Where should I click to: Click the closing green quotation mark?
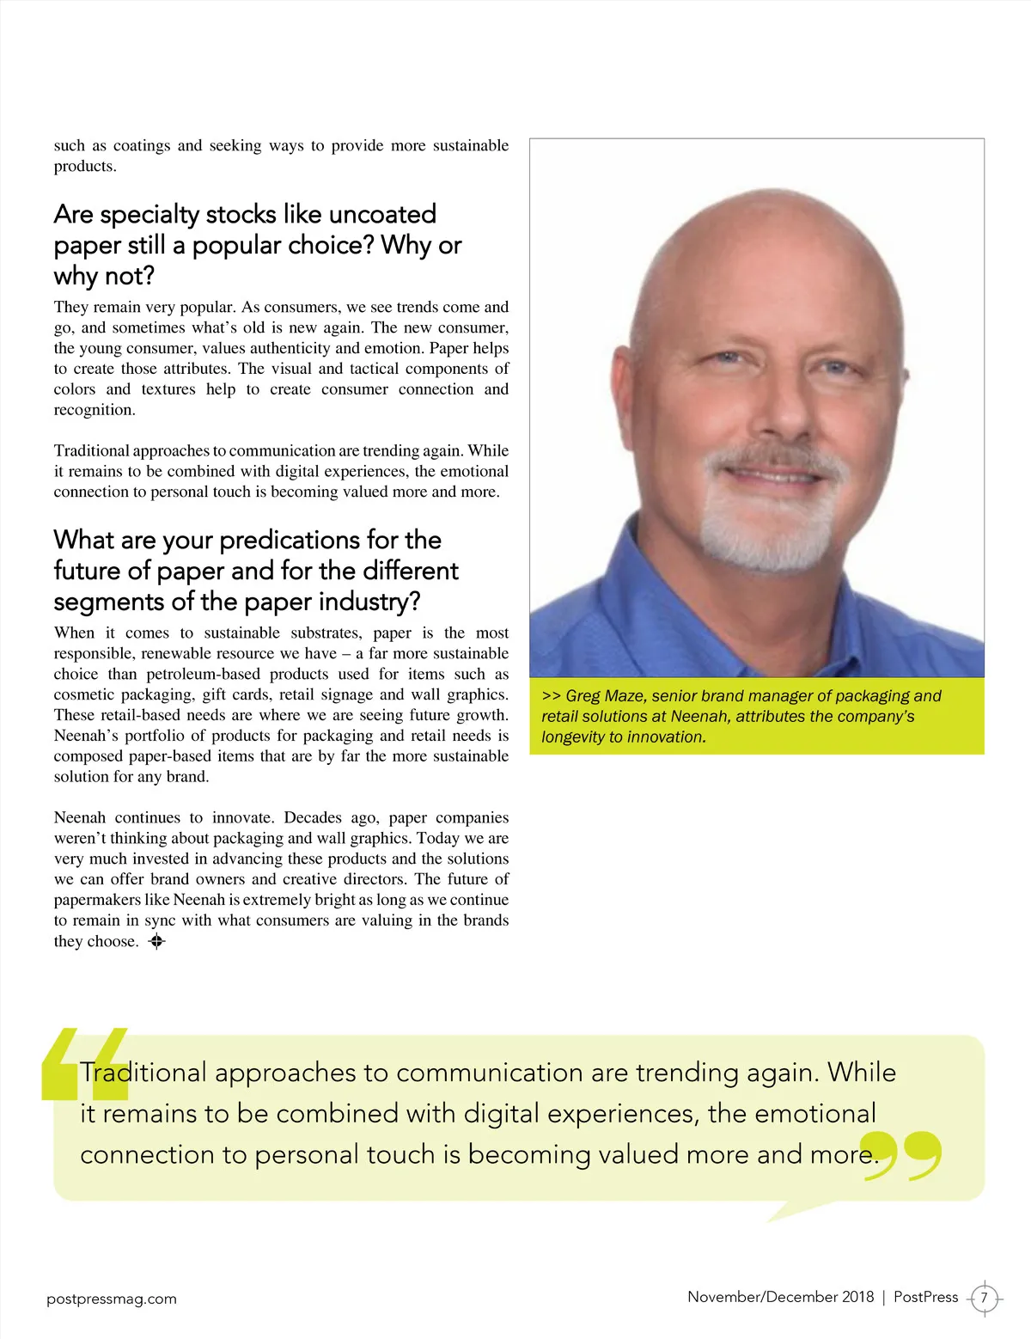pos(901,1155)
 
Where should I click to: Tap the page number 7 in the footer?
pos(984,1298)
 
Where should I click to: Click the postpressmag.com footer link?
pos(112,1299)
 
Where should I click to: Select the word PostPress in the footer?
pos(925,1297)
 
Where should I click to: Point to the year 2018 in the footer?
pos(857,1297)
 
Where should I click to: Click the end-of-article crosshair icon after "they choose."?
pos(156,942)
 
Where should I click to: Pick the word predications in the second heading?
pos(289,540)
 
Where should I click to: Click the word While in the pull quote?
pos(861,1073)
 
